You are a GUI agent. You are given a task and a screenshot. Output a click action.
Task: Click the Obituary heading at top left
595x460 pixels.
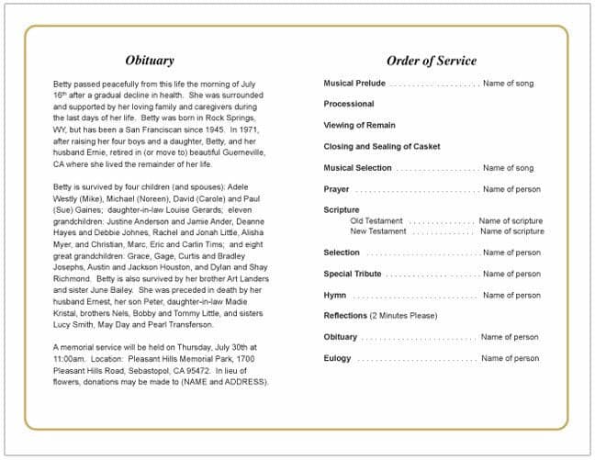click(149, 61)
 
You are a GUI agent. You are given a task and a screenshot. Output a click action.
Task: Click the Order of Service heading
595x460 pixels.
click(431, 61)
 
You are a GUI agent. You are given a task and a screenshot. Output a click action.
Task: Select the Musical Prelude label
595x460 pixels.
click(354, 84)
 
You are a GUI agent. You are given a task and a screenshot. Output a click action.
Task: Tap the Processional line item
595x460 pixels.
click(349, 105)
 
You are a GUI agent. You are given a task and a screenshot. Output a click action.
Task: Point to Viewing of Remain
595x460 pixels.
click(359, 126)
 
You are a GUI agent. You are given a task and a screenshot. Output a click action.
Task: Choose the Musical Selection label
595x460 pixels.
click(357, 168)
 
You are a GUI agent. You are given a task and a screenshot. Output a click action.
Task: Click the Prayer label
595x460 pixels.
click(336, 189)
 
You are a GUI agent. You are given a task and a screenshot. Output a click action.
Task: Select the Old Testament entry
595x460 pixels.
click(376, 221)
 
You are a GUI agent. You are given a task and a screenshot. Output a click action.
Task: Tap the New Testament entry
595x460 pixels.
click(378, 231)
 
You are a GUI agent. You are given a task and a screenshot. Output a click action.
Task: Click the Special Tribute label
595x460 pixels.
click(353, 274)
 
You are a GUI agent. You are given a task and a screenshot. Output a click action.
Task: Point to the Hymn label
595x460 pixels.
click(334, 296)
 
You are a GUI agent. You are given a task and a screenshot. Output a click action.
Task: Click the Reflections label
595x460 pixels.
click(345, 316)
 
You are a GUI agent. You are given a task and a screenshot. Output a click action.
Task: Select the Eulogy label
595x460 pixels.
click(337, 358)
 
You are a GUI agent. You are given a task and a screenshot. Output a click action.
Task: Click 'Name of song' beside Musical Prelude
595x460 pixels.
click(508, 84)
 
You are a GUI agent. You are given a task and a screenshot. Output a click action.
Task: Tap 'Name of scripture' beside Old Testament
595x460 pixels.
click(511, 221)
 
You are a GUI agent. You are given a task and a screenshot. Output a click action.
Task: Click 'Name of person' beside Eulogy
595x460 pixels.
click(510, 358)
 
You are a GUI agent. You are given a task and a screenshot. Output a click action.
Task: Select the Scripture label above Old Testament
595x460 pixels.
click(342, 210)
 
